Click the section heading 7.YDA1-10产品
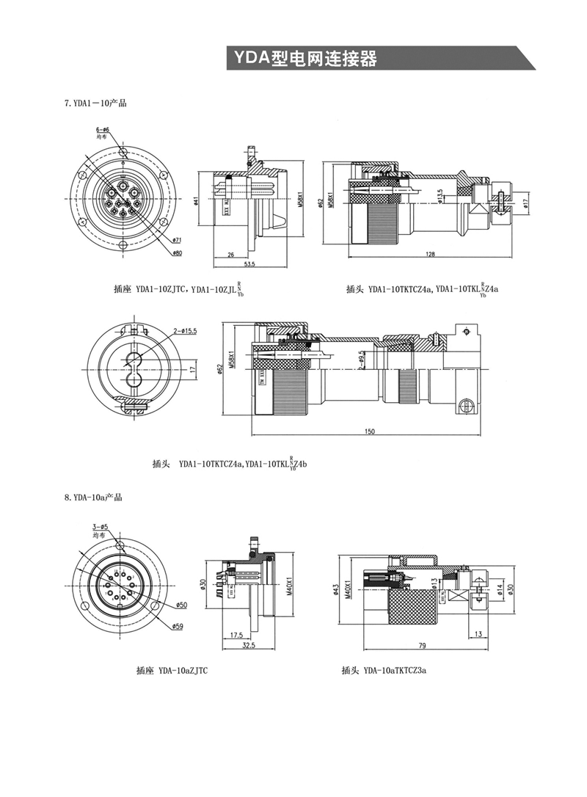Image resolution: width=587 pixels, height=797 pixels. (x=95, y=103)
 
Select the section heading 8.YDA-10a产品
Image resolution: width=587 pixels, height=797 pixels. (x=92, y=498)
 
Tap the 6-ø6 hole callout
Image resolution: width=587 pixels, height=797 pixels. (x=102, y=130)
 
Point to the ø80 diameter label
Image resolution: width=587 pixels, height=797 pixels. (x=177, y=254)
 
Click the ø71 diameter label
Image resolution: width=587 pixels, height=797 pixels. (x=177, y=240)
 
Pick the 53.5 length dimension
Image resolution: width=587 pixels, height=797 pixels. (x=249, y=263)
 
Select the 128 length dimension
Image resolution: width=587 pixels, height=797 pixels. (x=430, y=255)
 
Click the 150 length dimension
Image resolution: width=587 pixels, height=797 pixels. (x=370, y=432)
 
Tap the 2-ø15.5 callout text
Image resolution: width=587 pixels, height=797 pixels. (x=187, y=332)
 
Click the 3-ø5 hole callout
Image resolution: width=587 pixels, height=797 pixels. (x=100, y=527)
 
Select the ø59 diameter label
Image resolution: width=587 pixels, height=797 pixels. (x=178, y=626)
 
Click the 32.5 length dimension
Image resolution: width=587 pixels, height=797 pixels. (x=248, y=646)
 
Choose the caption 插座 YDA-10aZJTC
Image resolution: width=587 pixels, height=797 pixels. (x=172, y=670)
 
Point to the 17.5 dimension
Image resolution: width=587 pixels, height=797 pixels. (x=236, y=633)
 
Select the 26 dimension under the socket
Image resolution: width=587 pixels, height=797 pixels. (x=230, y=255)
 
